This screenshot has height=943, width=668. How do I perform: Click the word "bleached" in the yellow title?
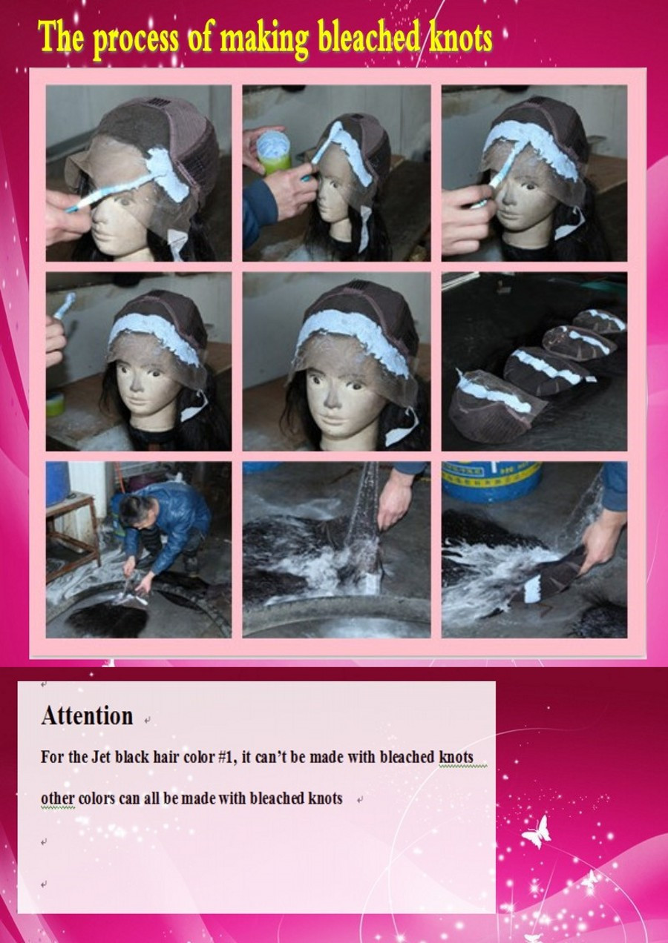click(x=369, y=38)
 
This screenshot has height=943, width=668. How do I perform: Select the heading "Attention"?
click(x=88, y=715)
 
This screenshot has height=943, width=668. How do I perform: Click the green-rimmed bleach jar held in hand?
click(x=274, y=152)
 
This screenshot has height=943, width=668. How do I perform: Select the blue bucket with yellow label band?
click(x=491, y=480)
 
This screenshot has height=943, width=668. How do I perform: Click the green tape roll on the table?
click(x=55, y=404)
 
